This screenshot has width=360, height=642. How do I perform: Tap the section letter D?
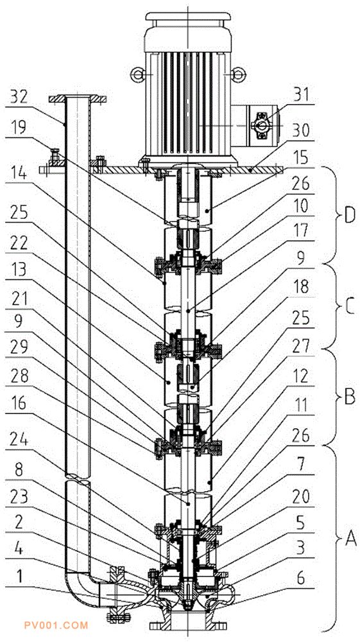[349, 216]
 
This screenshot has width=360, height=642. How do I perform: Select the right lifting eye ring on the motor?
[238, 74]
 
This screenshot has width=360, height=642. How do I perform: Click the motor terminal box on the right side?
[257, 125]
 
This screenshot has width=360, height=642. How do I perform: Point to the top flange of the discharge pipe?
[78, 98]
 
